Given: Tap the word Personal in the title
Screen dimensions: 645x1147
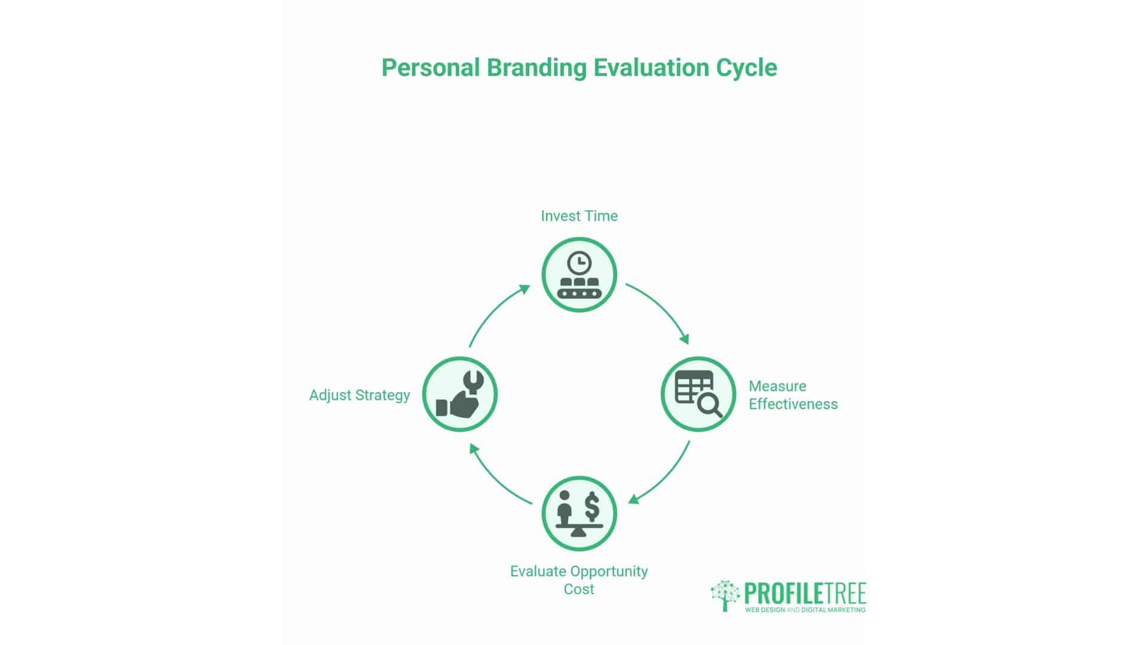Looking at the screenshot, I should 431,68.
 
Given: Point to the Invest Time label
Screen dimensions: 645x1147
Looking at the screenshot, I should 579,216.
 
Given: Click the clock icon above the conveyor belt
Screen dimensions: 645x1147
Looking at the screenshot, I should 579,263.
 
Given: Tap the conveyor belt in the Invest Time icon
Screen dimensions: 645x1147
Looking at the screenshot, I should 579,293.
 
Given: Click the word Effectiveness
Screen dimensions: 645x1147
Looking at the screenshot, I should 793,404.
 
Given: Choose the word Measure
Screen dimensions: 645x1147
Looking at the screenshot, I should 777,386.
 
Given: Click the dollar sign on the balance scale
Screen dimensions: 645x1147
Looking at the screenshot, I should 592,506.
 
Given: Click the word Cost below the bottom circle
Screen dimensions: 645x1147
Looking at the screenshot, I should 579,589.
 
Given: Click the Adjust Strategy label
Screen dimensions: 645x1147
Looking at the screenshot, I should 359,395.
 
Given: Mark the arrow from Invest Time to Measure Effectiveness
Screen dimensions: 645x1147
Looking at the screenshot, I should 660,311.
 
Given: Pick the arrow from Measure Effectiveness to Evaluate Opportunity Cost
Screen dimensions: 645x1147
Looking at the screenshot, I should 662,475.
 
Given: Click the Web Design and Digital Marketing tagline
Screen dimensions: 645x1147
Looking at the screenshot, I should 805,610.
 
